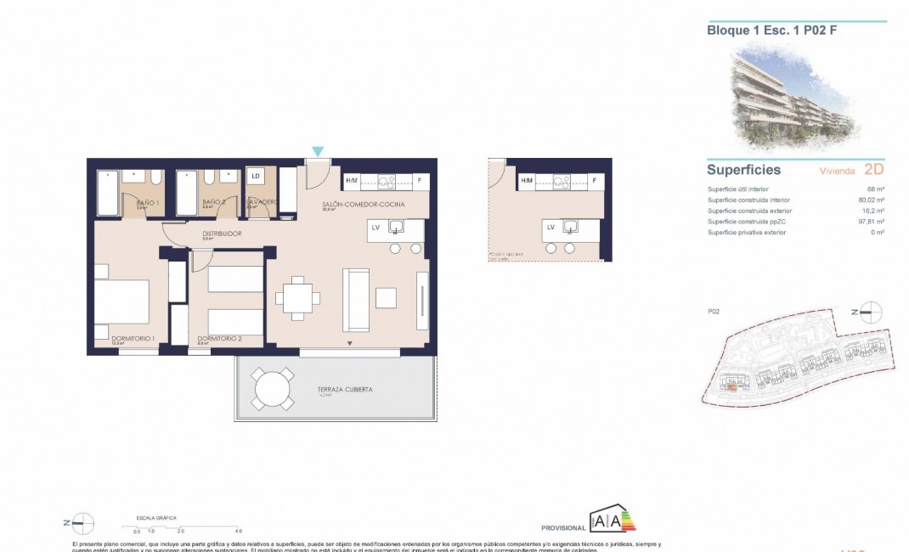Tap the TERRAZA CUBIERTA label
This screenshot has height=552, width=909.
pos(345,390)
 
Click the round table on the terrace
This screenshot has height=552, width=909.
pos(274,389)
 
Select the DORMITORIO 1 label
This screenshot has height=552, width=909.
pos(133,339)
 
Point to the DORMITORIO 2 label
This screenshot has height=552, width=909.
pos(219,339)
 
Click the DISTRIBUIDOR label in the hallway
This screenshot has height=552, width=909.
pos(221,234)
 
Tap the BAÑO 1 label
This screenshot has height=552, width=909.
pos(147,203)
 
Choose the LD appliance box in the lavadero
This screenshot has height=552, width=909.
pos(256,177)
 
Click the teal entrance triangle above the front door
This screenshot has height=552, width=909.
pos(317,151)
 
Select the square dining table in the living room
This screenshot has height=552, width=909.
pos(297,298)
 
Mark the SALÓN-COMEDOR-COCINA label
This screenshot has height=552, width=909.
pos(363,206)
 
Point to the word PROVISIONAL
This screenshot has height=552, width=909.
pos(562,527)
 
